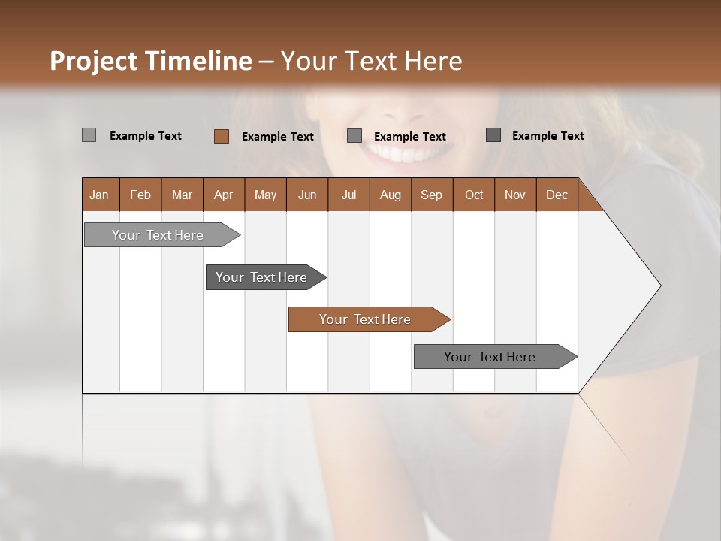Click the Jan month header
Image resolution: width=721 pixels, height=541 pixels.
click(99, 195)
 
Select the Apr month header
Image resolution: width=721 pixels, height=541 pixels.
click(223, 195)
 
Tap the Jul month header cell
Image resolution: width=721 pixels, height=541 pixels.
click(348, 195)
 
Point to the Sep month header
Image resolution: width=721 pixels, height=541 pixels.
click(431, 195)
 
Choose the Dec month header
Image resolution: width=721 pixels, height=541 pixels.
click(557, 195)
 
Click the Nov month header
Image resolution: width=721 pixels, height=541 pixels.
click(514, 195)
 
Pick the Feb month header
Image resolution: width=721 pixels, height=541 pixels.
click(140, 195)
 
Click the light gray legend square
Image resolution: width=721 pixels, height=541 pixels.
click(89, 135)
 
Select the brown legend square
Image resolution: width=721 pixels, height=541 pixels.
click(221, 136)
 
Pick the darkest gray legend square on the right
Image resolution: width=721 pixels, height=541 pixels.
click(493, 135)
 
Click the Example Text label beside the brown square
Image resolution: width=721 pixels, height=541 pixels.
click(278, 136)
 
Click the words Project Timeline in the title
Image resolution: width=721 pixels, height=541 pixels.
click(150, 61)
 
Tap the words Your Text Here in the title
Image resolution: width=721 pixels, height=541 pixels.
click(371, 61)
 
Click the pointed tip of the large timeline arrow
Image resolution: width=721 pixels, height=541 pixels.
click(659, 285)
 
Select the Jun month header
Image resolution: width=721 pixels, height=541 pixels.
click(307, 195)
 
